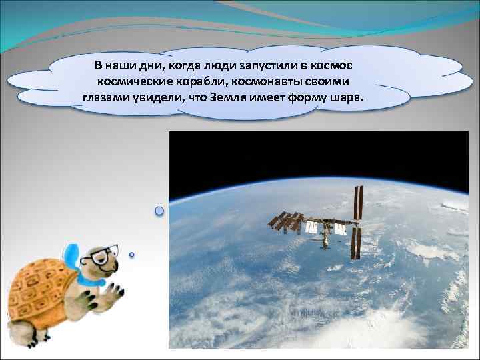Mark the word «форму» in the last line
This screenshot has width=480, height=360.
point(309,99)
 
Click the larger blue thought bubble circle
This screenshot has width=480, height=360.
point(159,211)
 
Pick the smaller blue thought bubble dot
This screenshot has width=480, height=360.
point(132,254)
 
